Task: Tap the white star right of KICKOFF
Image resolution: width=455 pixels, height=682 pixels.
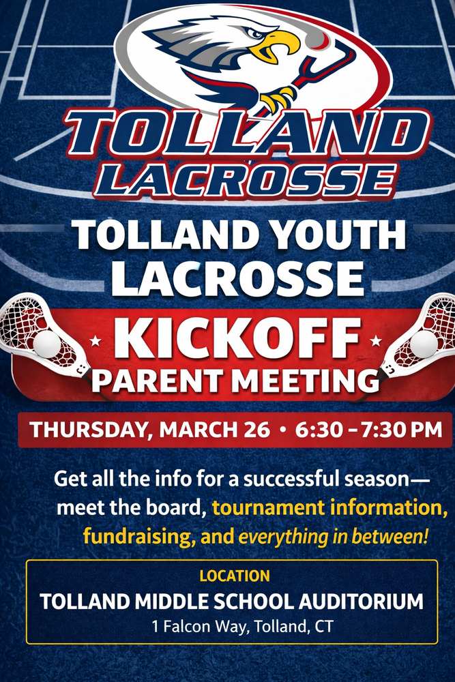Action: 376,340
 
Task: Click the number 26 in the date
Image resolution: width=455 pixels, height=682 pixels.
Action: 256,430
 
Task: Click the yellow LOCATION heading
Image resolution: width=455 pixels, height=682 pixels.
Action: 235,576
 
